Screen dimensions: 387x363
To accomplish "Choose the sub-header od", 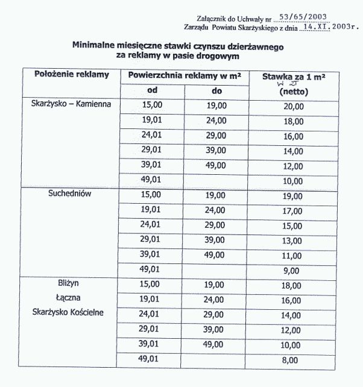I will click(153, 90).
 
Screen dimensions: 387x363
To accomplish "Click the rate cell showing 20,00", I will click(294, 106).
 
